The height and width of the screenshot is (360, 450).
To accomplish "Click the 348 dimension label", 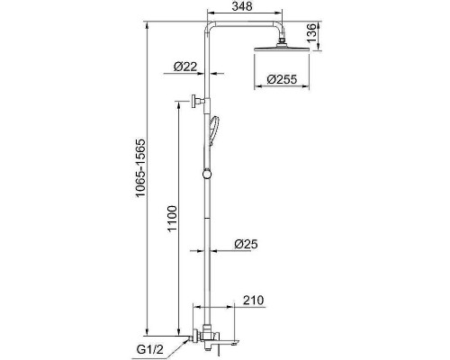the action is [x=242, y=6].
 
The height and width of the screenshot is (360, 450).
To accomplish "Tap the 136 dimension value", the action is [x=311, y=32].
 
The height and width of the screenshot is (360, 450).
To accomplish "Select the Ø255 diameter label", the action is [x=282, y=79].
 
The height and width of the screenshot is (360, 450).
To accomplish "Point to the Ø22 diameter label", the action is [x=185, y=66].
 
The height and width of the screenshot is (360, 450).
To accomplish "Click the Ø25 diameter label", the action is [x=246, y=244].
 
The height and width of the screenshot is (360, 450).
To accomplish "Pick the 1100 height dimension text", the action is [x=173, y=219].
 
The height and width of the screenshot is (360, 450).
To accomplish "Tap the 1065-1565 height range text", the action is [x=139, y=167].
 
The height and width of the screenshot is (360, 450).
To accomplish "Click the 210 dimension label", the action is [x=253, y=300].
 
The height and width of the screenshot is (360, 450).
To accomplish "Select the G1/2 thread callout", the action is [x=150, y=349].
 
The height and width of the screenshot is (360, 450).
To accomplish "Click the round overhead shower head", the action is [x=282, y=49].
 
